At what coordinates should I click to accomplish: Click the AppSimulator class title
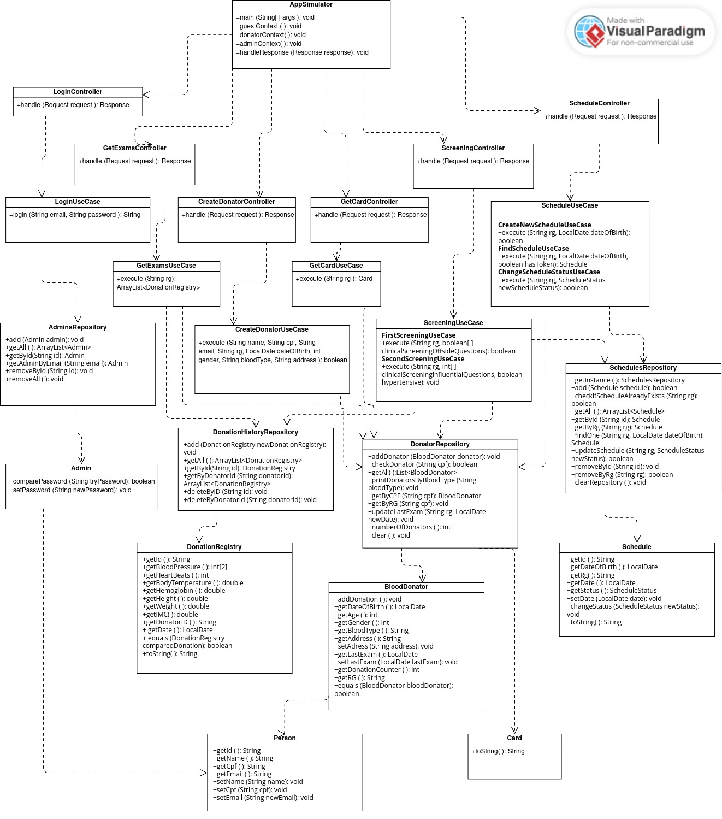tap(311, 4)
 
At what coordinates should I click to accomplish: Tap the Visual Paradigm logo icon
tap(589, 32)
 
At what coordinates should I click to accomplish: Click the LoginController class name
tap(78, 92)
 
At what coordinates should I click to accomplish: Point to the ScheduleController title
tap(599, 103)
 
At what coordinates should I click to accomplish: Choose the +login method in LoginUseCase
tap(75, 215)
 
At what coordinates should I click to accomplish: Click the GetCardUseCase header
tap(336, 266)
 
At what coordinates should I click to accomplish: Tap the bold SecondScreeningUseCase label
tap(423, 359)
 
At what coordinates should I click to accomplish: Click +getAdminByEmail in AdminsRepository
tap(67, 363)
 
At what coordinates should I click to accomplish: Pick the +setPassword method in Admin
tap(70, 490)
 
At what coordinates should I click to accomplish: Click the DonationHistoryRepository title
tap(255, 432)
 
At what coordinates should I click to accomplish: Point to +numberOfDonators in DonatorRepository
tap(409, 527)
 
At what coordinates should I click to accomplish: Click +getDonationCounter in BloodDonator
tap(377, 670)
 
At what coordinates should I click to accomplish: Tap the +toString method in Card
tap(498, 751)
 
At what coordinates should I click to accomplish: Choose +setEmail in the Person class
tap(263, 798)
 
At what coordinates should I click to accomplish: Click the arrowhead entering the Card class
tap(514, 730)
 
